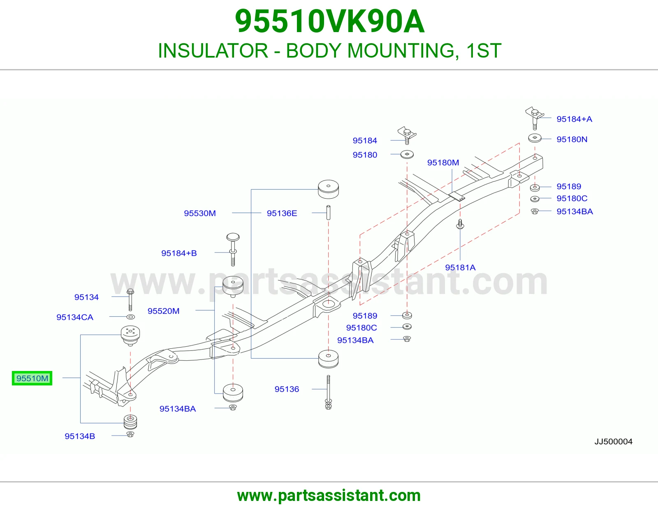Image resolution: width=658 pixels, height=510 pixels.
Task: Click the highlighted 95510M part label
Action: pos(32,378)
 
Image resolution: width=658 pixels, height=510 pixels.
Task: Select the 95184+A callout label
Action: pos(574,119)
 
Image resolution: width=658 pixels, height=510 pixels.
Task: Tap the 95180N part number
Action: pos(572,139)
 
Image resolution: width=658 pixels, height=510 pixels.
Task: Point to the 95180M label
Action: pos(443,162)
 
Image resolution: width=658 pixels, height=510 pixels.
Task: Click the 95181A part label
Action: pos(460,267)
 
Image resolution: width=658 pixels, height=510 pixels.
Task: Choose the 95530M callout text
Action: pos(200,213)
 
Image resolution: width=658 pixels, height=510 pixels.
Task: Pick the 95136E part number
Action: pos(282,213)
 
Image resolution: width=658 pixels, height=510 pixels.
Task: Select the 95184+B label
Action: pos(179,253)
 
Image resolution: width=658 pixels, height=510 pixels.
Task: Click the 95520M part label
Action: pos(164,311)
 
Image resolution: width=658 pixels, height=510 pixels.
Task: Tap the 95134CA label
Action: pos(75,317)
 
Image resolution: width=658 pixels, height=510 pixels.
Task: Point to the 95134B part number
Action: pos(80,436)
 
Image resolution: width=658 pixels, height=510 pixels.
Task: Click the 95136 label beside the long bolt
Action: pos(287,389)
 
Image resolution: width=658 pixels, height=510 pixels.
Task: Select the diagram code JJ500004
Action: pos(613,442)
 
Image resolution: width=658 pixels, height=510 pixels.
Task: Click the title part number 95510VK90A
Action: pos(329,21)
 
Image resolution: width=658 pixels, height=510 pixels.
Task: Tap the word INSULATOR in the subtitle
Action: pos(213,51)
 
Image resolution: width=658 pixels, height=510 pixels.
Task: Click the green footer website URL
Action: pos(329,496)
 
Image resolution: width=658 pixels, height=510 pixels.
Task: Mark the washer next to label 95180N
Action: pos(535,138)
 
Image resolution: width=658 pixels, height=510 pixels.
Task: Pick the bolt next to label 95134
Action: pos(130,300)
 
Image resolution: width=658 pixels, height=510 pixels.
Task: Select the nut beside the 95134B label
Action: pos(130,434)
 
